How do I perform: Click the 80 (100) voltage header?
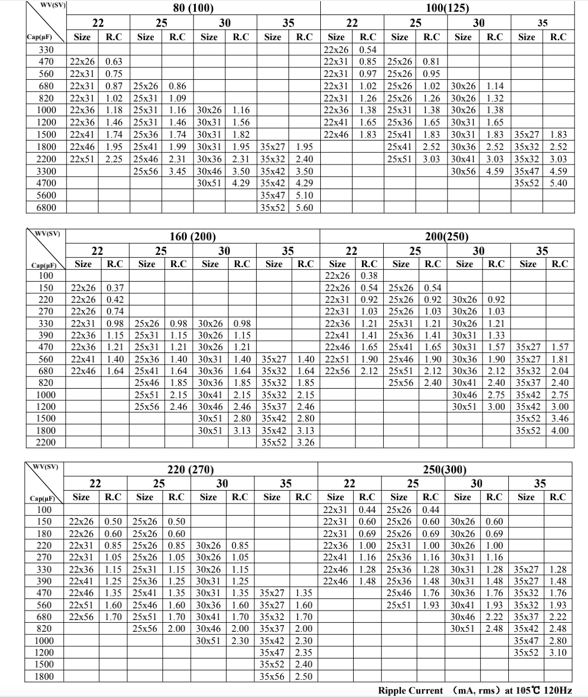(x=190, y=8)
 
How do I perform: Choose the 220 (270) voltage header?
(x=190, y=469)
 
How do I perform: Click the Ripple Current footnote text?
(x=475, y=690)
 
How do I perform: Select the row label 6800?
(x=45, y=207)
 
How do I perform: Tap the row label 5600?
(x=45, y=195)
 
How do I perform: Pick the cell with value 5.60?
(x=304, y=207)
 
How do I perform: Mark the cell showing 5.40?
(x=558, y=183)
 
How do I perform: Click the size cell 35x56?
(x=272, y=676)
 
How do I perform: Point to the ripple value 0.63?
(x=114, y=61)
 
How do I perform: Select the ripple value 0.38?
(x=369, y=275)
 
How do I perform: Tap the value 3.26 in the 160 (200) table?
(x=305, y=443)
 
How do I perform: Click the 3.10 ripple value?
(x=558, y=652)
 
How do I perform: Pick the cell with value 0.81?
(x=431, y=61)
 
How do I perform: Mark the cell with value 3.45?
(x=177, y=171)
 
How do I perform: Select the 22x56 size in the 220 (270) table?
(x=81, y=617)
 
